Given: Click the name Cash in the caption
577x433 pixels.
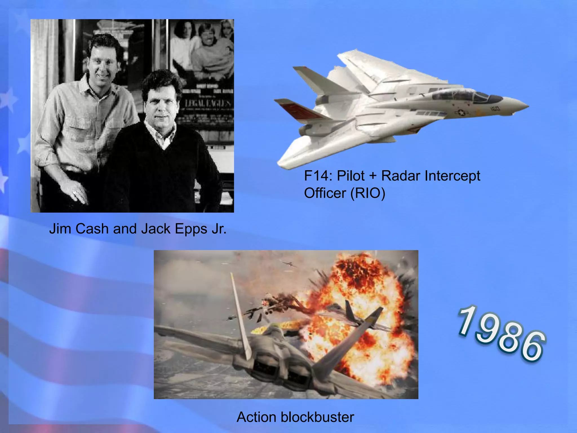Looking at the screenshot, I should coord(92,229).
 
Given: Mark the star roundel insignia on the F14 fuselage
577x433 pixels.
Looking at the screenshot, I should coord(461,113).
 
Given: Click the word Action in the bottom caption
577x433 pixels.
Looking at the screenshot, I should coord(256,417).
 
